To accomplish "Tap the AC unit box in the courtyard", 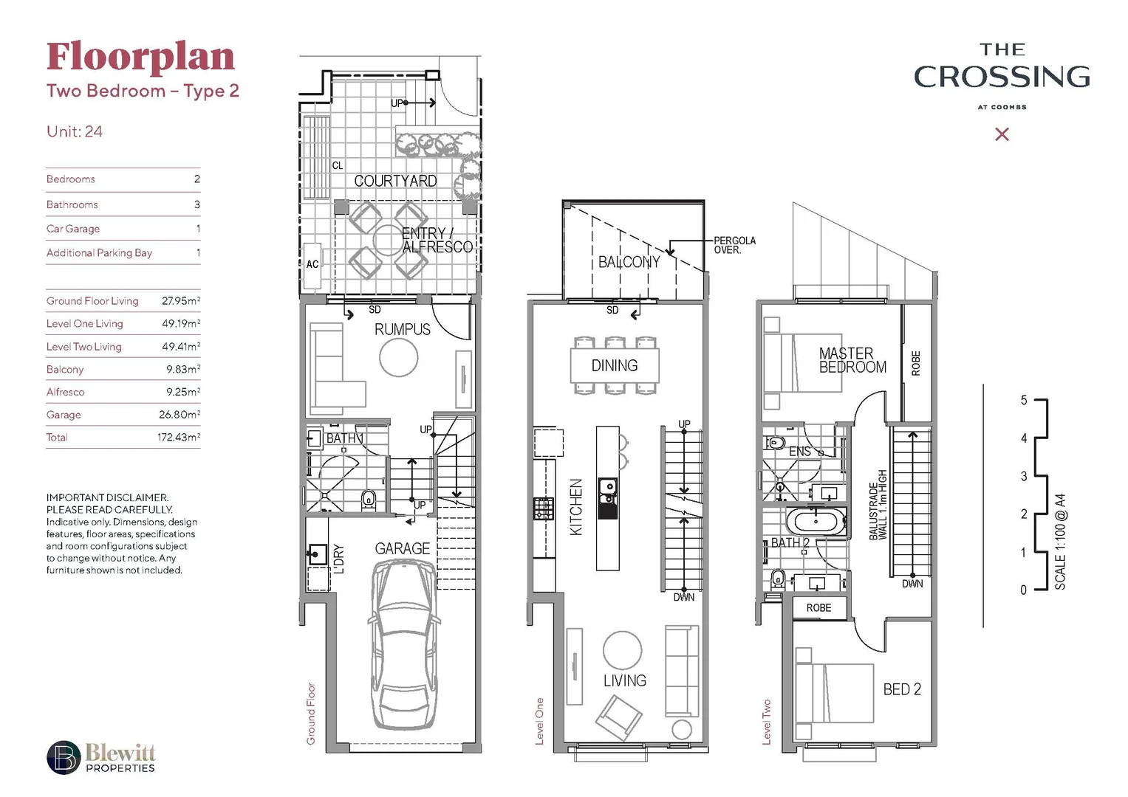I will [312, 264].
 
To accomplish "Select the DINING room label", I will [614, 366].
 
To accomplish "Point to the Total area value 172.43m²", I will [178, 438].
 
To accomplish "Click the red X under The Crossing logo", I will [1002, 134].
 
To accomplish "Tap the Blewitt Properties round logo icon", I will [64, 758].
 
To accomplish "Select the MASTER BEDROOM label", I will [851, 360].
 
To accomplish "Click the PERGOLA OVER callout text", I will [734, 246].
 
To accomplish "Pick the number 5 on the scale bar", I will [1024, 401].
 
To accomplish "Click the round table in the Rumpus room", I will [398, 358].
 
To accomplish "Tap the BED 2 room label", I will [901, 689].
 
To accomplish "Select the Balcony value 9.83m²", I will [182, 370].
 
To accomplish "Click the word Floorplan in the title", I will [140, 58].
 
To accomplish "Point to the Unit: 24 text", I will [75, 132].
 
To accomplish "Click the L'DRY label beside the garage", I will [339, 559].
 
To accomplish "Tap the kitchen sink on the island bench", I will [607, 486].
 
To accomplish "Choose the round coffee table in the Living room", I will [622, 650].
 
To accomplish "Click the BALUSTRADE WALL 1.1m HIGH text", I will [878, 505].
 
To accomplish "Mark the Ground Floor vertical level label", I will [311, 713].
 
